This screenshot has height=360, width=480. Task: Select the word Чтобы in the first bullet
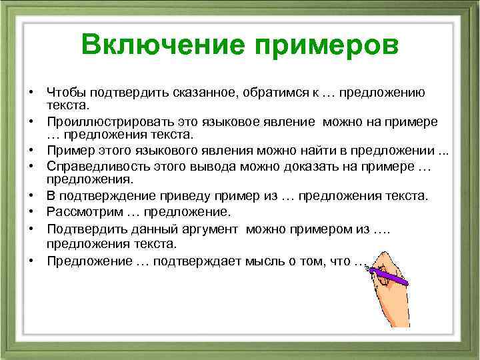point(67,92)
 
